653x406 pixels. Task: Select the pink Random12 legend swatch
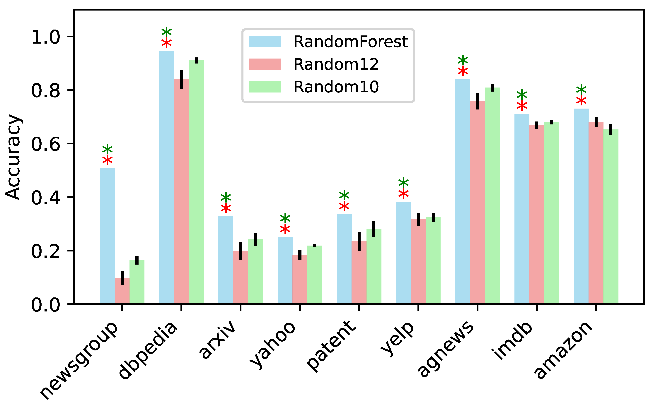click(265, 64)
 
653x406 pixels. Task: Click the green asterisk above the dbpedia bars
click(167, 32)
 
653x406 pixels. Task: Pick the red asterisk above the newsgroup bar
click(108, 160)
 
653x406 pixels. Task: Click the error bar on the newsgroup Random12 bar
click(122, 278)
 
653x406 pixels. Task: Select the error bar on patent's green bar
click(374, 229)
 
